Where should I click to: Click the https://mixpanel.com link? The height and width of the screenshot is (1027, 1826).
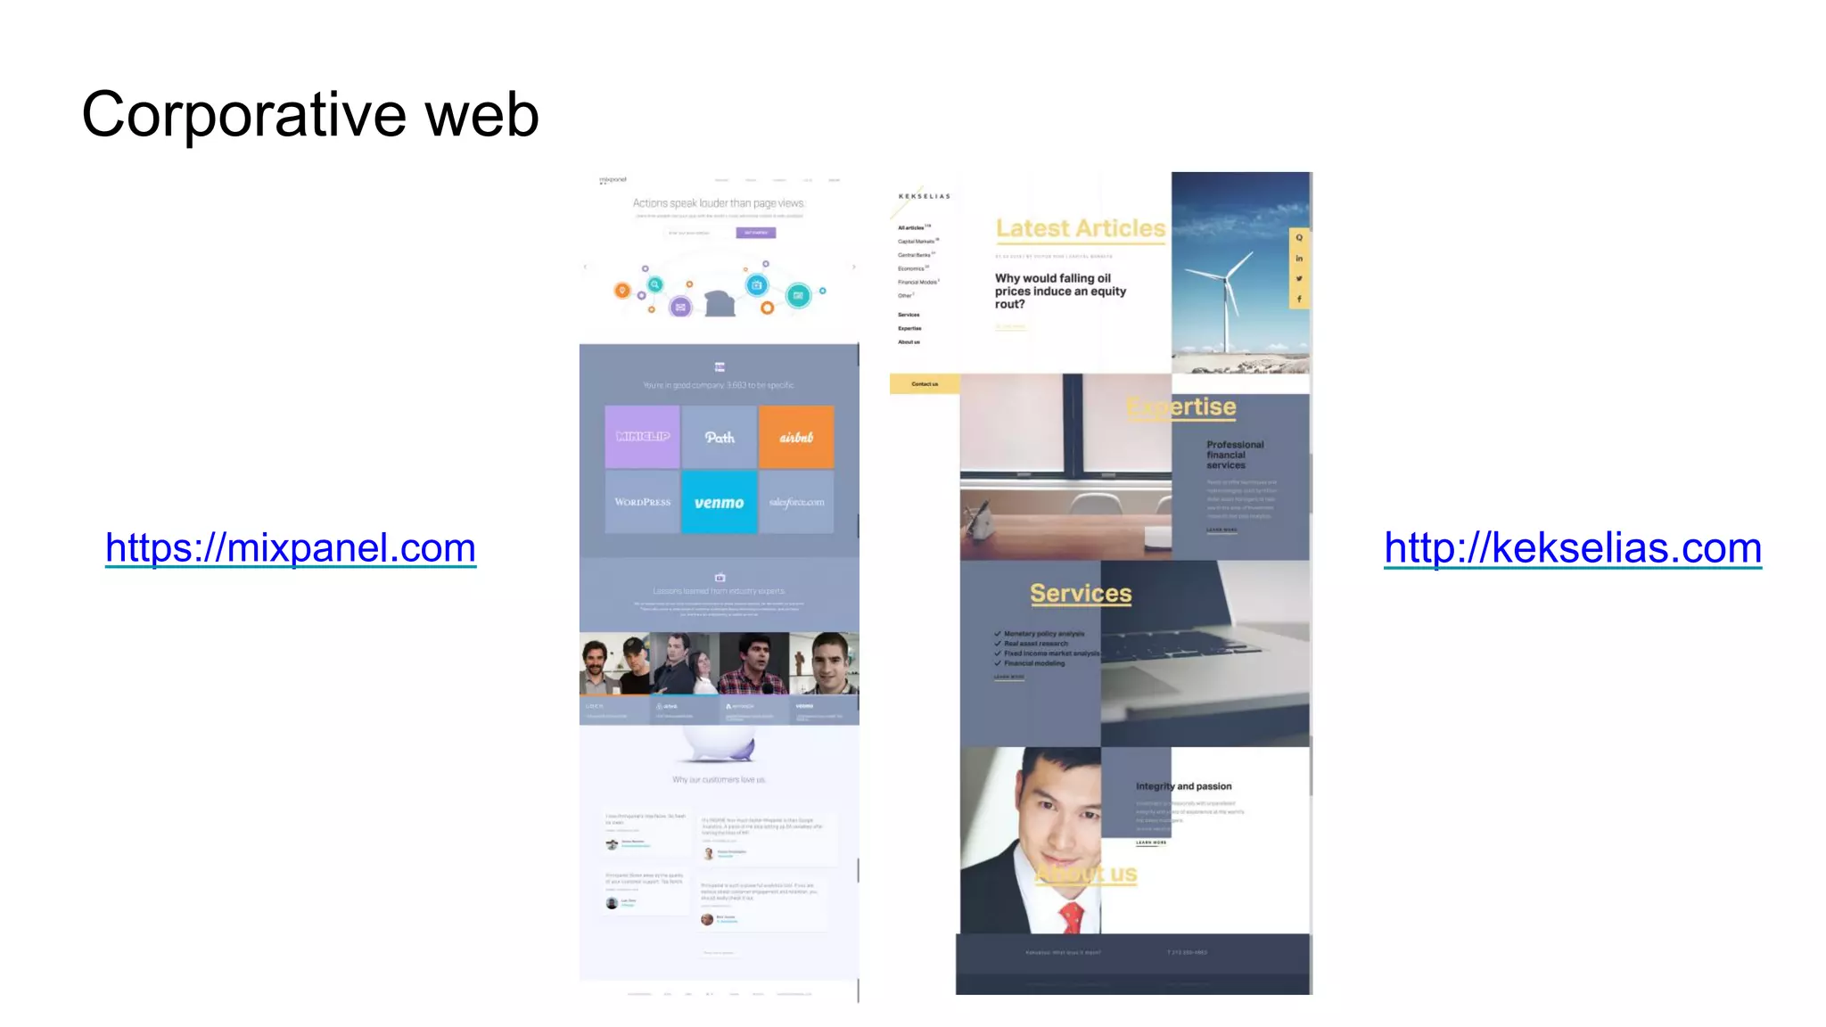click(290, 547)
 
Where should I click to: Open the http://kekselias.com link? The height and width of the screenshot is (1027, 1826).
click(1572, 547)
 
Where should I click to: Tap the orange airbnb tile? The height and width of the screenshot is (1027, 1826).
click(796, 437)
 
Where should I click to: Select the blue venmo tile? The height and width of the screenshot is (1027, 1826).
click(719, 503)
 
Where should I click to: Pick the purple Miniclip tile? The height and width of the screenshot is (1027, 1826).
click(642, 437)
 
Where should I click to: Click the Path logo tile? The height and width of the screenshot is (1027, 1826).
click(719, 437)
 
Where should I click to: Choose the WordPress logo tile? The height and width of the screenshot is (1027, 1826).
click(642, 503)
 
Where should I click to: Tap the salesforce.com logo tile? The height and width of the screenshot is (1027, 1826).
click(796, 503)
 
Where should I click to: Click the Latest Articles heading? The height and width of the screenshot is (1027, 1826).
click(1080, 229)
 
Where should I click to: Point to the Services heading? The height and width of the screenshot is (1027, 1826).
click(1080, 594)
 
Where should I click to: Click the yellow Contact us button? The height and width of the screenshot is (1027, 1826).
click(925, 384)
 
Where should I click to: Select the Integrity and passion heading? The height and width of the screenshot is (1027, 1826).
click(1183, 786)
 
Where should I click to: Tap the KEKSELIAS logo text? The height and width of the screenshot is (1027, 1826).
click(924, 196)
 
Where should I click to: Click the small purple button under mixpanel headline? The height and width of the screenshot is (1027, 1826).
click(755, 233)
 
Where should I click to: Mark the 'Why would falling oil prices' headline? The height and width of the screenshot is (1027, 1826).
click(1060, 292)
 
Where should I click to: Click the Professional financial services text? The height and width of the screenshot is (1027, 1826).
click(1234, 455)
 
